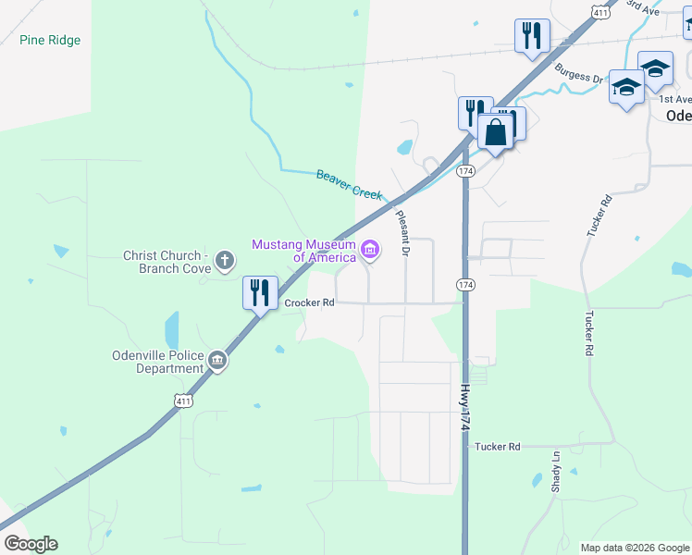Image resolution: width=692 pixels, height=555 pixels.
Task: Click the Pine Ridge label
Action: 50,41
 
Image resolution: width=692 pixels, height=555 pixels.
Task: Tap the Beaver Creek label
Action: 349,182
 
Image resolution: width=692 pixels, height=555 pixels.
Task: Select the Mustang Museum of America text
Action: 304,251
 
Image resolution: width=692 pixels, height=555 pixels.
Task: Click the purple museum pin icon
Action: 371,249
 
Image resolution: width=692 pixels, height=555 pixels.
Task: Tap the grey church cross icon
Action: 224,261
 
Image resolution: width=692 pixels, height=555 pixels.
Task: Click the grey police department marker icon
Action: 217,361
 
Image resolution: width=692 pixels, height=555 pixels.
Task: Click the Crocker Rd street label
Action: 309,302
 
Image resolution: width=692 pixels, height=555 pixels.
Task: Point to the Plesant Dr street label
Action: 402,232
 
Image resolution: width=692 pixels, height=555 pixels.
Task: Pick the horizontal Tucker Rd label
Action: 498,447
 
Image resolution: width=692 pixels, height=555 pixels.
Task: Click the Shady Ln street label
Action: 556,472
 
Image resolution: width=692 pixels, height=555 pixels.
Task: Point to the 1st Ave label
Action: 674,99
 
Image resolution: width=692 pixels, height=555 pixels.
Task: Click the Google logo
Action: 31,544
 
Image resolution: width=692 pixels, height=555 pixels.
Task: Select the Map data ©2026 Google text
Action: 634,548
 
